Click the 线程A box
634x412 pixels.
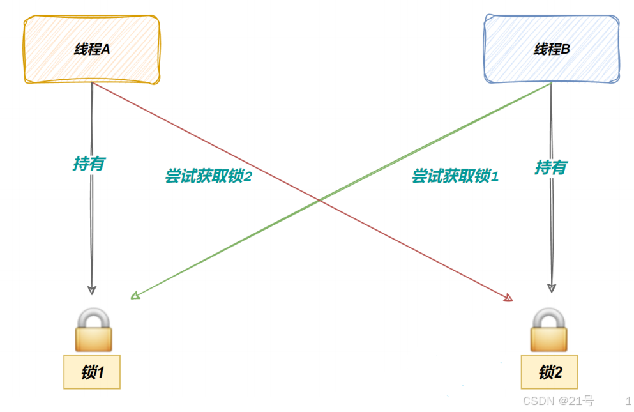92,49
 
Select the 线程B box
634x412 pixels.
552,49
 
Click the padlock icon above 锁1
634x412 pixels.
93,330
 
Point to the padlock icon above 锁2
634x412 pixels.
550,330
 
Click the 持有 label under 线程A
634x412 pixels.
89,164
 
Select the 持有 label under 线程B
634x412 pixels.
551,167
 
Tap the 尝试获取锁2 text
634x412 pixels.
209,176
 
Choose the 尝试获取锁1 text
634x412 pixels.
455,176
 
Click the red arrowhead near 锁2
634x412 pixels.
509,298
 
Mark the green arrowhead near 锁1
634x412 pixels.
134,295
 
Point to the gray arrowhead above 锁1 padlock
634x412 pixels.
92,289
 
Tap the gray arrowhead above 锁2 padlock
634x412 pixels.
551,287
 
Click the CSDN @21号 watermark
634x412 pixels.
558,401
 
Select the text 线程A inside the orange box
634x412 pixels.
92,49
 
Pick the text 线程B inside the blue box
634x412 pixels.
552,49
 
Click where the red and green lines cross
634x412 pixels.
319,201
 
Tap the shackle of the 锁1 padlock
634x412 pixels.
93,317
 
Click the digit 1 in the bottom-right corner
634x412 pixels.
628,401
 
